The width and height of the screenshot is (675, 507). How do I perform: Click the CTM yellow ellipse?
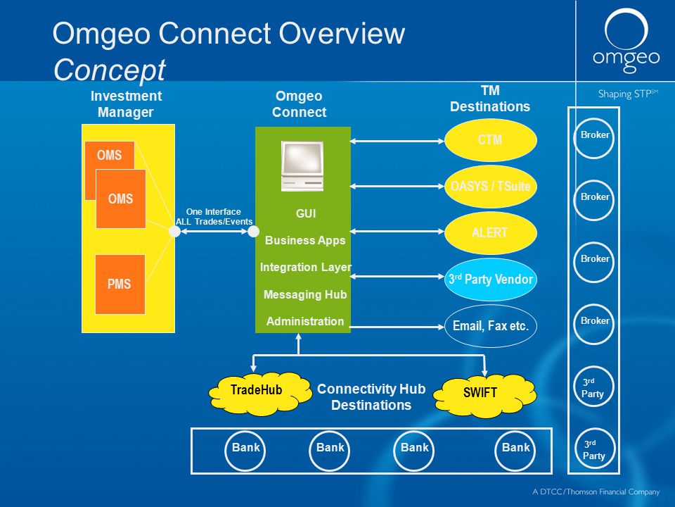tap(490, 140)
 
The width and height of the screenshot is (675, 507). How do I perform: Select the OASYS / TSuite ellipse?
tap(490, 186)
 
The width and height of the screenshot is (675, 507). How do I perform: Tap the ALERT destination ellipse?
tap(490, 233)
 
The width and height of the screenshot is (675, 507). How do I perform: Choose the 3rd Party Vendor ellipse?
tap(490, 280)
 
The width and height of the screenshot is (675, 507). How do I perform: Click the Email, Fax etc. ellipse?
tap(490, 326)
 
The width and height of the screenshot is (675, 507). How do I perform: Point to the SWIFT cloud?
tap(484, 395)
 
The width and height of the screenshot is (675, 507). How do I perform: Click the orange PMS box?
tap(120, 284)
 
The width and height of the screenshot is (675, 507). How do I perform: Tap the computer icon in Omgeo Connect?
tap(302, 165)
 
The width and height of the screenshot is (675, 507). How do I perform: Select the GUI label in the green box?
tap(306, 213)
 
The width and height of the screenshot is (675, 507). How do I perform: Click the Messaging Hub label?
tap(304, 294)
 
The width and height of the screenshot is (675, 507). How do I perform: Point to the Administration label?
tap(304, 321)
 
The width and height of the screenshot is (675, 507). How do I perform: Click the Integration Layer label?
tap(306, 268)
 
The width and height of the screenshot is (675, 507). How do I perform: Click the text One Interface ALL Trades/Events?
tap(214, 217)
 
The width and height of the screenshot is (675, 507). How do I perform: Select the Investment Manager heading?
tap(126, 104)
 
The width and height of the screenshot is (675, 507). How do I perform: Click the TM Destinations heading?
tap(490, 99)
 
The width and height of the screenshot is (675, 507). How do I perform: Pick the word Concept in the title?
tap(110, 70)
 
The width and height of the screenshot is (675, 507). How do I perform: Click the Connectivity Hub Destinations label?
tap(371, 397)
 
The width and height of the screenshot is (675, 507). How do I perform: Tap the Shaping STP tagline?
tap(628, 94)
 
